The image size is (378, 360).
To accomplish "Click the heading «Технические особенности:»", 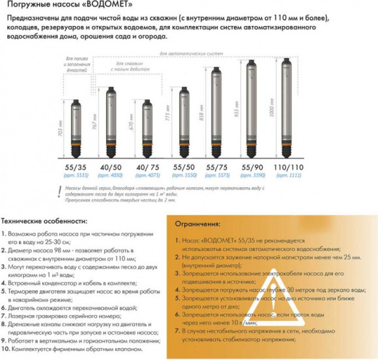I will pyautogui.click(x=44, y=220).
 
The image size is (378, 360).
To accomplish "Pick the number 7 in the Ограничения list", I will pyautogui.click(x=178, y=331).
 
